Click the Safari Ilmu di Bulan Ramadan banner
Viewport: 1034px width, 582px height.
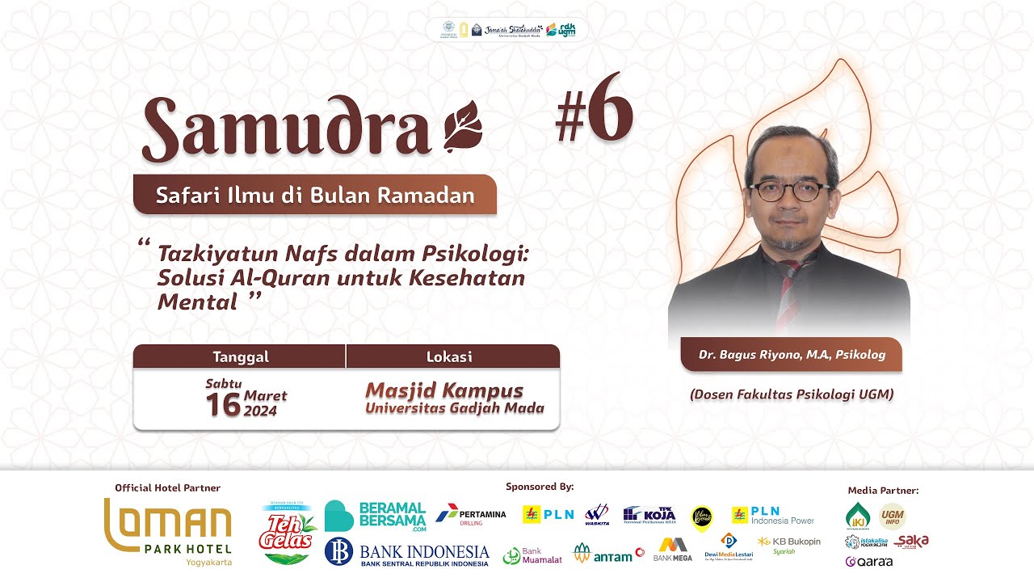(x=314, y=195)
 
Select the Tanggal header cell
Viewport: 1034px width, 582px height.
(x=240, y=356)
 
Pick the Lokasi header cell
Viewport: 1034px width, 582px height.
(x=449, y=356)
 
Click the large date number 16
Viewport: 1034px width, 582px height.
(x=223, y=404)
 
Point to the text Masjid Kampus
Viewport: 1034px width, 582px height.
(x=444, y=391)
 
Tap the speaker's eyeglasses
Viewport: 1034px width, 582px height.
(x=789, y=191)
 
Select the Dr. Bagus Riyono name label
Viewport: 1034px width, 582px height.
(x=792, y=355)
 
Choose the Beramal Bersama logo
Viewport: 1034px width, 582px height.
(x=375, y=516)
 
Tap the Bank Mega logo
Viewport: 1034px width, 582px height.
(x=673, y=550)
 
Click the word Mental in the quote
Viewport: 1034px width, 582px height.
(x=197, y=302)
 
